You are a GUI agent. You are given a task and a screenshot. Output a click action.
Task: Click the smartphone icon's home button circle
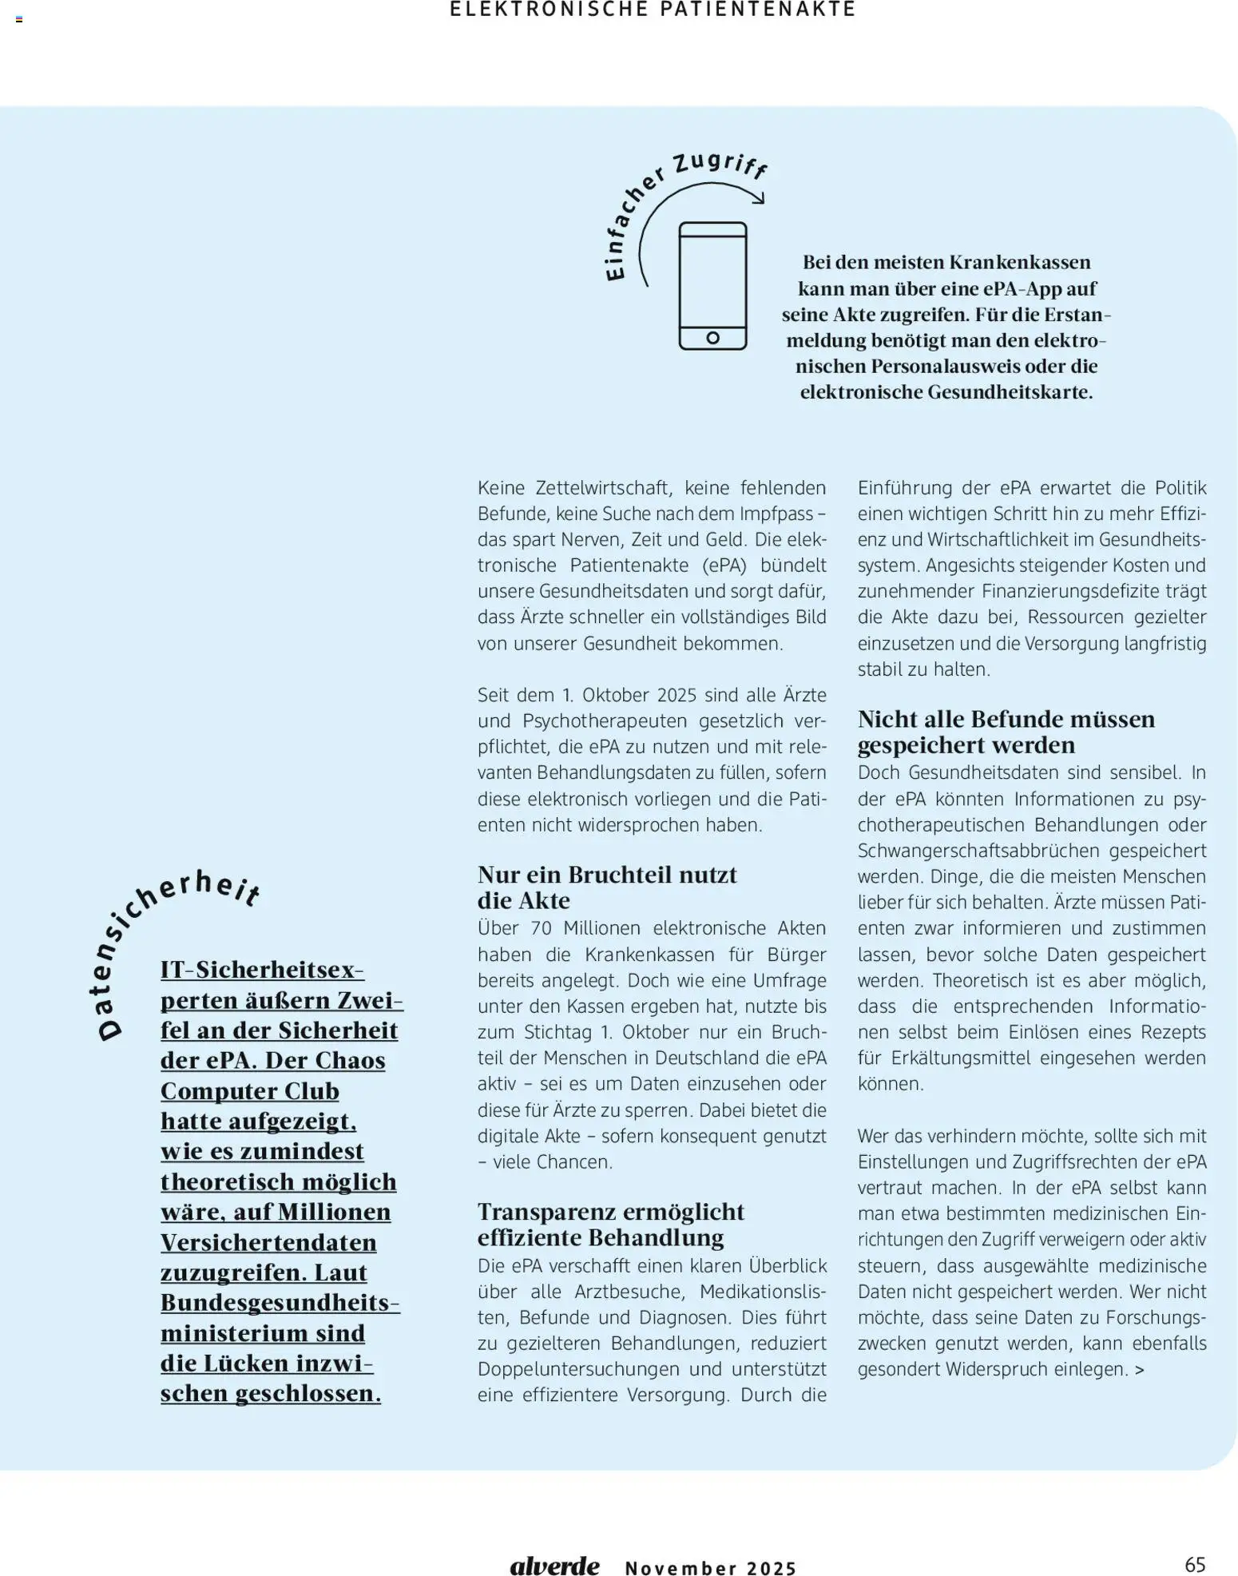712,338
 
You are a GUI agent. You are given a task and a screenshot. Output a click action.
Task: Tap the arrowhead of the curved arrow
760,198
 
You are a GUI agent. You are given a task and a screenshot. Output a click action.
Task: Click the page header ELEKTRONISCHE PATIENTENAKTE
653,10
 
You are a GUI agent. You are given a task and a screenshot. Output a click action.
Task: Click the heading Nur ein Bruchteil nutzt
607,875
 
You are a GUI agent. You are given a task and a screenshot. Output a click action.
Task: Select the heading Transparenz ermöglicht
610,1212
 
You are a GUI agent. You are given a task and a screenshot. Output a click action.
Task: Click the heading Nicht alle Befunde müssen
1006,719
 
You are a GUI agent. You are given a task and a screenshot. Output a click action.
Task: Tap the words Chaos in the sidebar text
351,1061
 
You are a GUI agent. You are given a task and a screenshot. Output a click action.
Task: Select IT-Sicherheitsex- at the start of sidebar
262,970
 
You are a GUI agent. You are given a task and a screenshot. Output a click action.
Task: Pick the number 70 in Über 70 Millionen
541,928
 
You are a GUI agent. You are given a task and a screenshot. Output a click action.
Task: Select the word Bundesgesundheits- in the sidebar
280,1303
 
